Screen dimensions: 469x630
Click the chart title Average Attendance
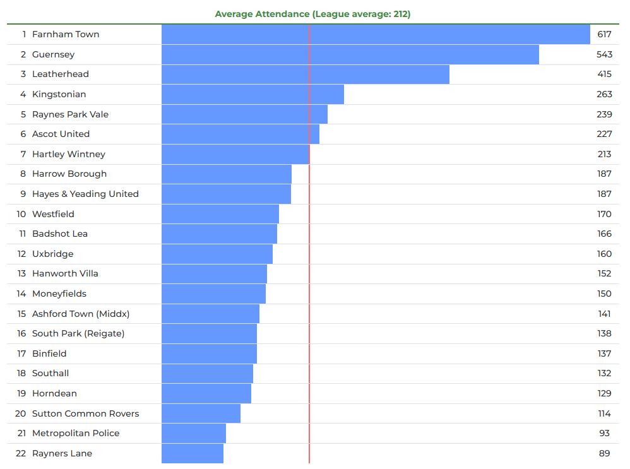pyautogui.click(x=312, y=14)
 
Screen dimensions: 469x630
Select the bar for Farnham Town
pyautogui.click(x=376, y=34)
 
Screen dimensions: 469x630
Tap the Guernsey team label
pyautogui.click(x=53, y=54)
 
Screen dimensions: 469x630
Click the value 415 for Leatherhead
pyautogui.click(x=604, y=74)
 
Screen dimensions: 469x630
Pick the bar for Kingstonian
pyautogui.click(x=253, y=94)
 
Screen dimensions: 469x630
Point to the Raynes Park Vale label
pyautogui.click(x=70, y=114)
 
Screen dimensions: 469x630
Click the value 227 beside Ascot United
pyautogui.click(x=604, y=134)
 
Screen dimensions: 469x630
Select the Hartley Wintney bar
pyautogui.click(x=235, y=154)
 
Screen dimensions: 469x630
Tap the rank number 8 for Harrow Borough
pyautogui.click(x=23, y=174)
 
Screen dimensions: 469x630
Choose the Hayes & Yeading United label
pyautogui.click(x=85, y=194)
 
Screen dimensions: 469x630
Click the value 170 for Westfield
pyautogui.click(x=604, y=214)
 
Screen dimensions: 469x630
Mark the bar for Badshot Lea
pyautogui.click(x=219, y=234)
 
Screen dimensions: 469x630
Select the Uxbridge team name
pyautogui.click(x=52, y=254)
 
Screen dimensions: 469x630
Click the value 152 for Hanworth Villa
pyautogui.click(x=604, y=273)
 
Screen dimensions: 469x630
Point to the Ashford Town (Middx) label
pyautogui.click(x=81, y=314)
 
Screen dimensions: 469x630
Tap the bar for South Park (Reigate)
pyautogui.click(x=209, y=333)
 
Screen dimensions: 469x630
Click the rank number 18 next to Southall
pyautogui.click(x=21, y=373)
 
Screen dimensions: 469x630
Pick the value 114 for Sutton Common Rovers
pyautogui.click(x=604, y=413)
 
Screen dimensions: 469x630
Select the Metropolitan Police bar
pyautogui.click(x=194, y=433)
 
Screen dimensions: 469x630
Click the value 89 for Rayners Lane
pyautogui.click(x=605, y=453)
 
